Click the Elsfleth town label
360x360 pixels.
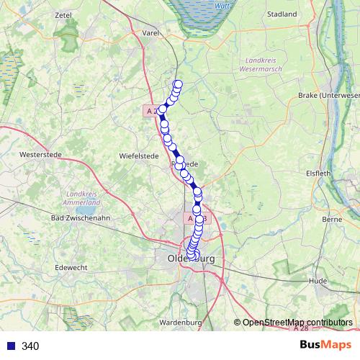(318, 172)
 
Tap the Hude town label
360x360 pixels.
(317, 282)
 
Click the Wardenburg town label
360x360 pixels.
(180, 322)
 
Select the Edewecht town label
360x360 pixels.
(71, 267)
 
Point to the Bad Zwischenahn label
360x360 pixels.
(80, 217)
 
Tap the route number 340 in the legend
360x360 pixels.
(30, 346)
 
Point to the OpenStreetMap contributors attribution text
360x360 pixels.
(297, 322)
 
